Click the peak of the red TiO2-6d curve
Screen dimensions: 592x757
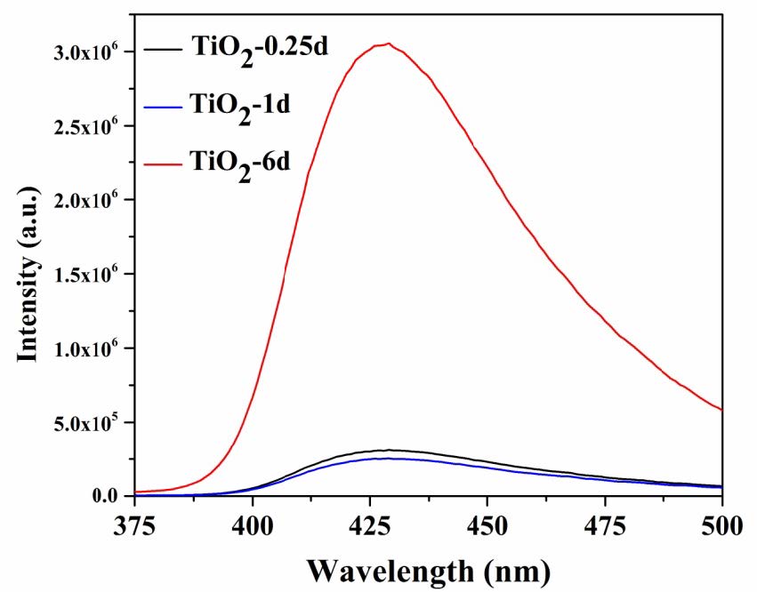(387, 44)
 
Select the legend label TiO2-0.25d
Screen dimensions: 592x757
(262, 46)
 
